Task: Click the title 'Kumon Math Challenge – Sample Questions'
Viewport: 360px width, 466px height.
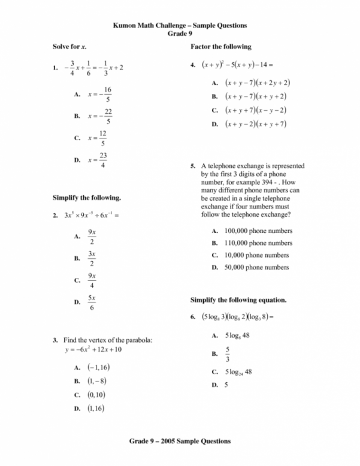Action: click(x=180, y=26)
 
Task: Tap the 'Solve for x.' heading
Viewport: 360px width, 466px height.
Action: click(x=68, y=47)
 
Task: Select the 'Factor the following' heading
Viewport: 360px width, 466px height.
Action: click(x=220, y=47)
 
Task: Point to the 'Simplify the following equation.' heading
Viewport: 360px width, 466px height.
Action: click(x=238, y=299)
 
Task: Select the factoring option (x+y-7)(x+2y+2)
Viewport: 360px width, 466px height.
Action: click(x=257, y=83)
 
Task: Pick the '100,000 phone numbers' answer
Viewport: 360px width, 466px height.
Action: click(x=258, y=231)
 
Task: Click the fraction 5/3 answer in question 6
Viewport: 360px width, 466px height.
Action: click(x=227, y=355)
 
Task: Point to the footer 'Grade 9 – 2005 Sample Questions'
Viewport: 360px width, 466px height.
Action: click(x=180, y=441)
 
